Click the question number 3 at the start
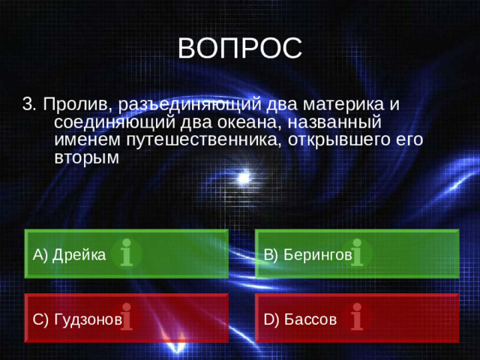click(28, 104)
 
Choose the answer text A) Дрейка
click(69, 254)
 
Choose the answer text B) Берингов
click(307, 254)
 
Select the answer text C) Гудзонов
click(77, 319)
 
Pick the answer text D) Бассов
click(300, 319)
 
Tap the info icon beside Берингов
click(358, 253)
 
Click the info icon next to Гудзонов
click(127, 318)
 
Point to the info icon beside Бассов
click(358, 318)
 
